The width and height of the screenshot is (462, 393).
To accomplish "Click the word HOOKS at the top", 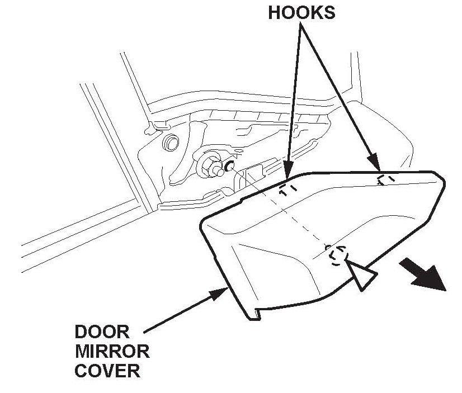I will [x=301, y=13].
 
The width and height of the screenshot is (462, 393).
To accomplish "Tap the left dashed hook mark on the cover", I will [x=286, y=189].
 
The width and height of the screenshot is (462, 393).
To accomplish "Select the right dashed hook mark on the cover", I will [x=384, y=179].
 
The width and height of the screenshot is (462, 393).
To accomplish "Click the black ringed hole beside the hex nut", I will [x=229, y=165].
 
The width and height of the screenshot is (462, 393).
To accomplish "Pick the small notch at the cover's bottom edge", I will [x=254, y=315].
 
